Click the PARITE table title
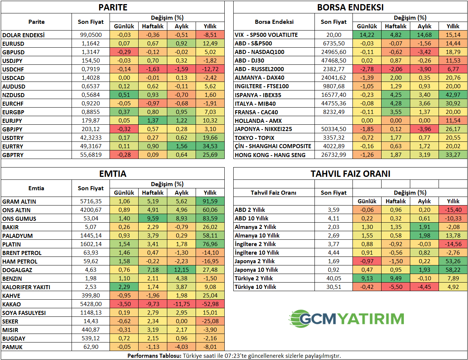click(x=113, y=7)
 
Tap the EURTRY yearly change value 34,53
click(x=210, y=146)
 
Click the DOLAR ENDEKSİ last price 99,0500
click(x=91, y=35)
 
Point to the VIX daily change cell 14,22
click(x=367, y=35)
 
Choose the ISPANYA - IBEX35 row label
click(x=258, y=95)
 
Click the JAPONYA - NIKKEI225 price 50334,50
click(x=333, y=129)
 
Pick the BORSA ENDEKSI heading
click(x=350, y=7)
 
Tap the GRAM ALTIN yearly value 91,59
click(x=210, y=201)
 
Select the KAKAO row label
click(x=12, y=304)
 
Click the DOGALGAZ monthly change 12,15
click(x=181, y=270)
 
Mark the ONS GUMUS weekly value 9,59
click(x=153, y=219)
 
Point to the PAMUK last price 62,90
click(x=91, y=347)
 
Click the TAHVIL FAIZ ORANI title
click(x=350, y=174)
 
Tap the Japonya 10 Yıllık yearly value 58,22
click(x=453, y=270)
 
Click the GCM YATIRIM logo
click(x=347, y=319)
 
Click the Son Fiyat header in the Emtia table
click(x=91, y=188)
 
